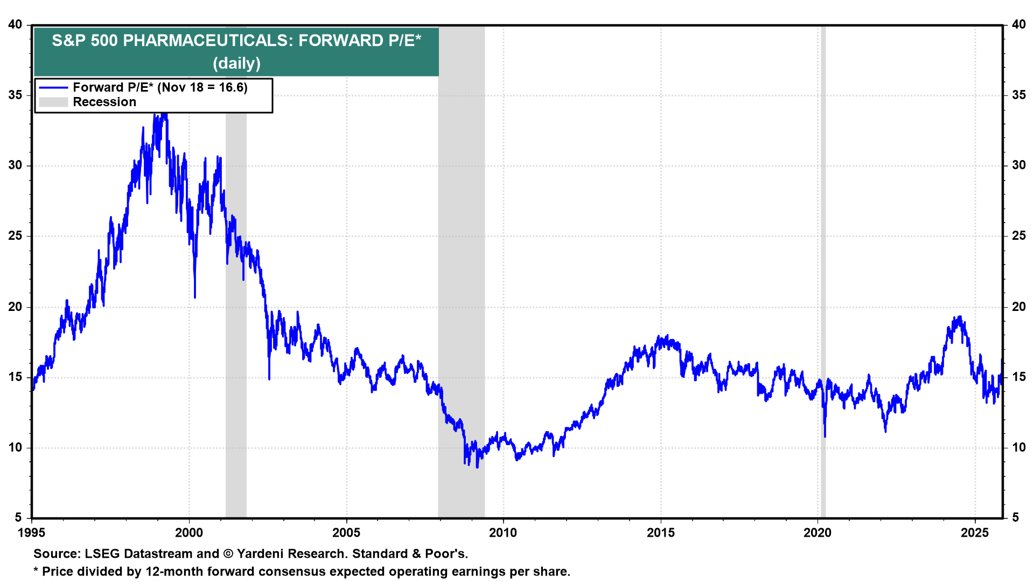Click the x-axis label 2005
coord(346,533)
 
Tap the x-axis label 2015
coord(660,533)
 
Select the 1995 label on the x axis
coord(32,533)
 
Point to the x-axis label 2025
coord(975,533)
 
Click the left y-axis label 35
coord(15,95)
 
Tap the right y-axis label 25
coord(1018,236)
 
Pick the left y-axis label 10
coord(15,447)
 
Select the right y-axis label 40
coord(1018,25)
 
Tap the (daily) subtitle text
coord(236,64)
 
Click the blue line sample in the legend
coord(53,88)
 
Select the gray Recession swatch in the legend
coord(53,102)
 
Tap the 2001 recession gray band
coord(236,377)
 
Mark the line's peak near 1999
coord(165,114)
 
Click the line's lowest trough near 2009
coord(477,467)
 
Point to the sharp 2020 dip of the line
coord(825,436)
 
